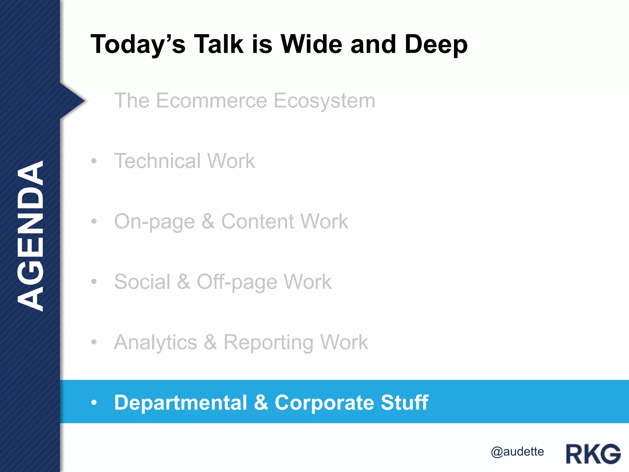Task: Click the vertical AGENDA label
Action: [x=30, y=236]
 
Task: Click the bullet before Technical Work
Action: [x=94, y=161]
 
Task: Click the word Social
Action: [x=142, y=281]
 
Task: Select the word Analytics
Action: [x=155, y=342]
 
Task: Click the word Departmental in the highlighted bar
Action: [x=181, y=403]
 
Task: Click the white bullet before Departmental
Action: [x=94, y=402]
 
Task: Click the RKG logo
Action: [x=593, y=454]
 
